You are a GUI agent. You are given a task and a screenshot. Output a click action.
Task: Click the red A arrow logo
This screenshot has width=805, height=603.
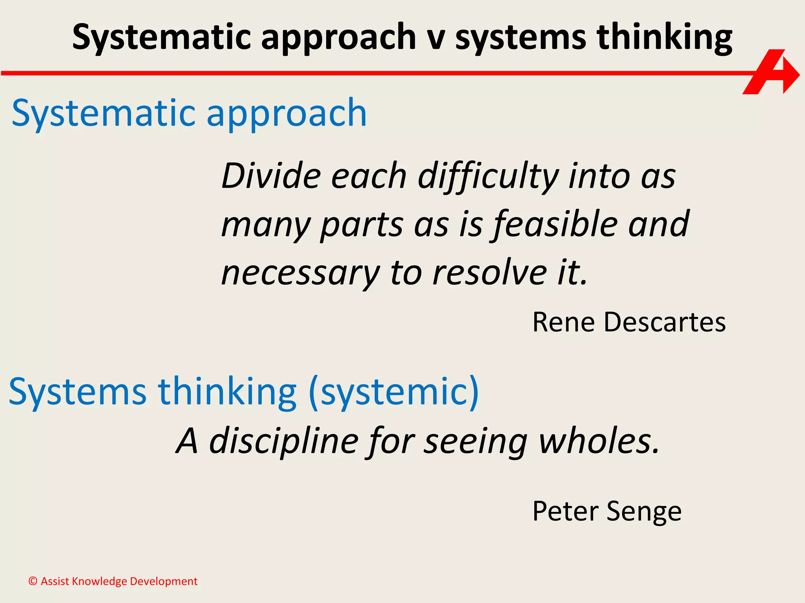[770, 73]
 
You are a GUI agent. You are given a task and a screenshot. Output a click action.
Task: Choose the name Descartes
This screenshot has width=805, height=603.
[665, 322]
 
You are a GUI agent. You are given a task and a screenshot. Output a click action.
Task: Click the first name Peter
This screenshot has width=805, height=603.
[566, 511]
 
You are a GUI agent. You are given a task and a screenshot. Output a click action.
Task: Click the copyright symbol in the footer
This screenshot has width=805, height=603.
[33, 581]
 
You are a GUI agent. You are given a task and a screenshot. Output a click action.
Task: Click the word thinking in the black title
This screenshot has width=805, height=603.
[664, 38]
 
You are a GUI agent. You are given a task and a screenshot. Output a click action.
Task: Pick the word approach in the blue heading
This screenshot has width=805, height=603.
[287, 114]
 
